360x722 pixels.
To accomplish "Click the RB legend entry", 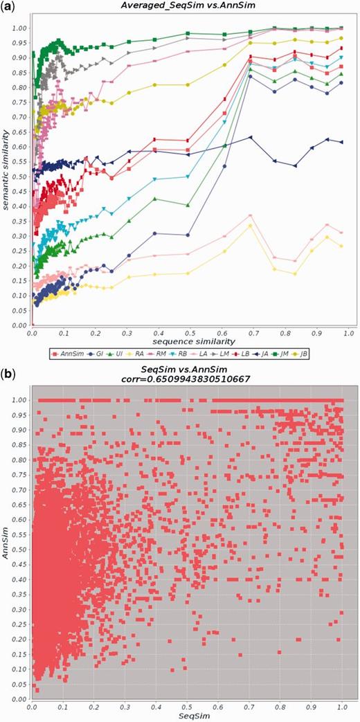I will click(195, 355).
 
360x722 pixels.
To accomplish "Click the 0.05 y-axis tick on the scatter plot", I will click(21, 684).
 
